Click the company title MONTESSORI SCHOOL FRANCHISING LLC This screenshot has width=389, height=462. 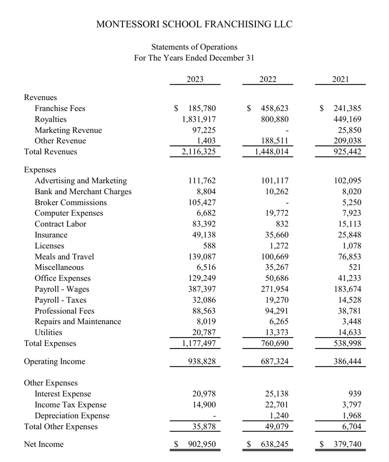[194, 24]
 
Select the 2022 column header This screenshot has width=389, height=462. [268, 79]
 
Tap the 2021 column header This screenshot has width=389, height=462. [340, 79]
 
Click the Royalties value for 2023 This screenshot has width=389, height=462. [196, 119]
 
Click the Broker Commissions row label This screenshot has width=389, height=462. [71, 202]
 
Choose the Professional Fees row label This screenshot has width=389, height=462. [65, 311]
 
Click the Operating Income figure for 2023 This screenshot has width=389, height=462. [202, 362]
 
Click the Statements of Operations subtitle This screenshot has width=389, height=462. [194, 47]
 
